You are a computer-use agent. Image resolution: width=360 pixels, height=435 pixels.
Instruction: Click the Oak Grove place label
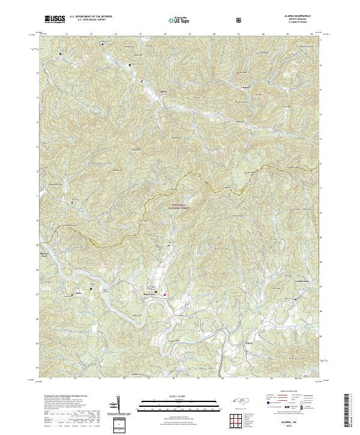(x=155, y=294)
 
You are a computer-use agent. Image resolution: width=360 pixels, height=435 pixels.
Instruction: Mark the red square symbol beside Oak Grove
(x=166, y=295)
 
